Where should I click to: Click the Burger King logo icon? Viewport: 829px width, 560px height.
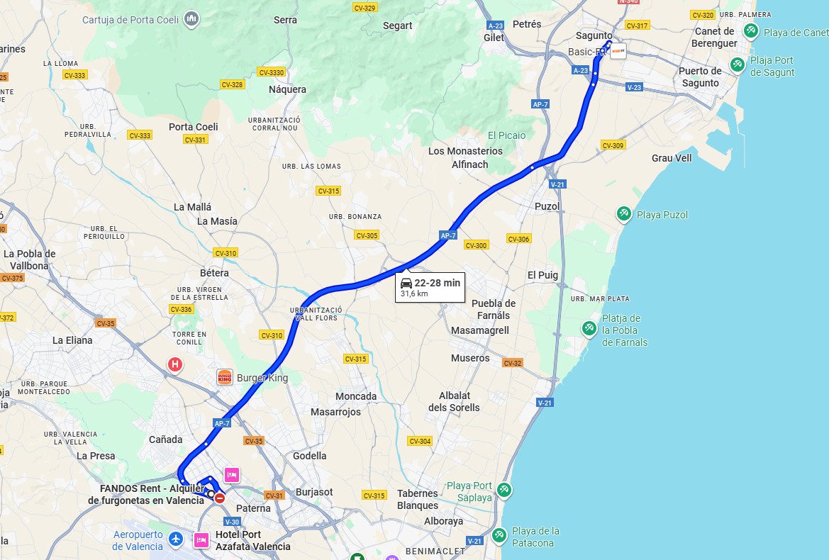coord(225,377)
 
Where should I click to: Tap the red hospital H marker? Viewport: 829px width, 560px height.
coord(174,365)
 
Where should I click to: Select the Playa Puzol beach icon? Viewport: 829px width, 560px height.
coord(624,214)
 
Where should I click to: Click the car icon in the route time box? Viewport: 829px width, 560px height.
coord(406,283)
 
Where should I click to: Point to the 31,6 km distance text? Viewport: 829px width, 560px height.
coord(414,293)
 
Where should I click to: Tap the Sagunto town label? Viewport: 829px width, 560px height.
coord(594,35)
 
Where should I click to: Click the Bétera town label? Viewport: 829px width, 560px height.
coord(214,273)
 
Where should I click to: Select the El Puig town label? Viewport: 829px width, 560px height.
coord(543,275)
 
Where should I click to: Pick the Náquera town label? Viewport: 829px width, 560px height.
coord(287,89)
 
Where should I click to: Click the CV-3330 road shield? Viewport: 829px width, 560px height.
coord(271,72)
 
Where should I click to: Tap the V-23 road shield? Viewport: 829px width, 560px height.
coord(634,87)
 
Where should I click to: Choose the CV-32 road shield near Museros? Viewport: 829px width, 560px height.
coord(512,363)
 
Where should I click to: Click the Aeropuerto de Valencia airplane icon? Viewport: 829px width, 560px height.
coord(176,540)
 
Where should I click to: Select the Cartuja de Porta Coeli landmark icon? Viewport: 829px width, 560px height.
coord(191,19)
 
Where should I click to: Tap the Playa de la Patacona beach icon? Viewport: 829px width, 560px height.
coord(499,533)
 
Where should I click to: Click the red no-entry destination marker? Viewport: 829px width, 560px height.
coord(220,498)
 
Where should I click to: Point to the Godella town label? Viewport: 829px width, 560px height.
coord(310,456)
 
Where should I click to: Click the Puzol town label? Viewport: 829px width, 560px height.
coord(547,206)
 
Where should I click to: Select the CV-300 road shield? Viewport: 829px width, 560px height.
coord(476,245)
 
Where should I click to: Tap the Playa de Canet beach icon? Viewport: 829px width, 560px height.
coord(751,31)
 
